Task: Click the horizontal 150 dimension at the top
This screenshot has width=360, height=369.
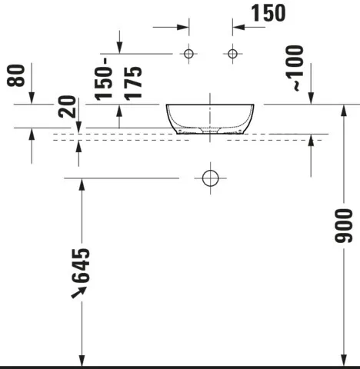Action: (268, 13)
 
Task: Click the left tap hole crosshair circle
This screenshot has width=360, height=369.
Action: (188, 54)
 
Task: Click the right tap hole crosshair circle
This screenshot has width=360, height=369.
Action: (232, 54)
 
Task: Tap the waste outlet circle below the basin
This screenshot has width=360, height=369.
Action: (209, 178)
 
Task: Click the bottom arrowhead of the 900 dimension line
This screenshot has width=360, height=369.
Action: (343, 359)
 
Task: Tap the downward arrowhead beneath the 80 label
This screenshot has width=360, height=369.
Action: (32, 98)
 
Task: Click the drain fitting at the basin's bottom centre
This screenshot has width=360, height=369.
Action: (209, 131)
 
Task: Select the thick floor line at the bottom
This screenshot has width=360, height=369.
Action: (180, 367)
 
